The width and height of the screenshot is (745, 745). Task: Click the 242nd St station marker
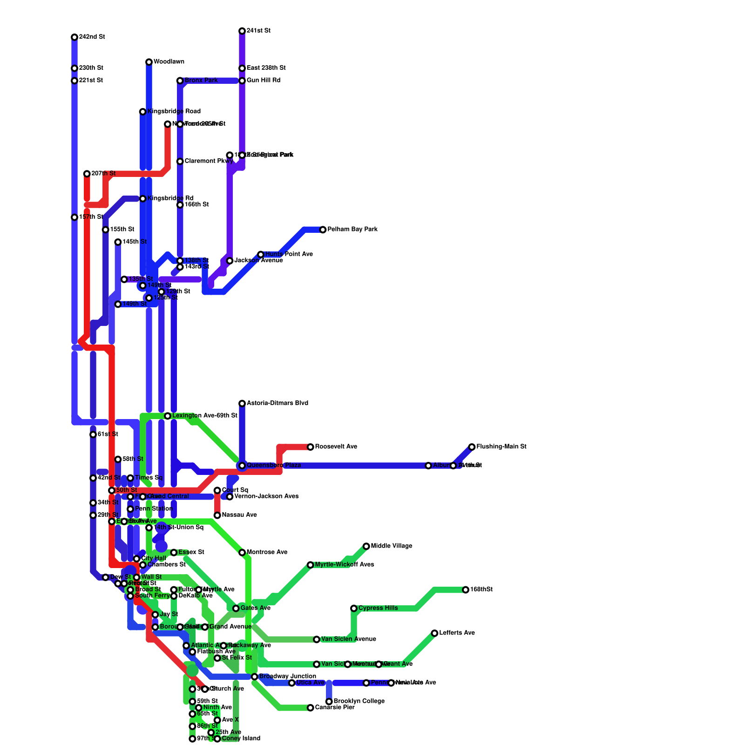coord(74,37)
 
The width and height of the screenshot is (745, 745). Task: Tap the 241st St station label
coord(258,31)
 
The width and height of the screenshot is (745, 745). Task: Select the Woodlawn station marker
coord(149,62)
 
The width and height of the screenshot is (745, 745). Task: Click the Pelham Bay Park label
coord(352,230)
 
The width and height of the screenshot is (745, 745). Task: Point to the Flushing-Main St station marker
coord(472,447)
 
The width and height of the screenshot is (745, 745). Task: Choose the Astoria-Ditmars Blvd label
coord(277,403)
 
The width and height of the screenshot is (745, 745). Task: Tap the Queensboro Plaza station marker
coord(242,466)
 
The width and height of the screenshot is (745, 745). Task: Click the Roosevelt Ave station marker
coord(311,447)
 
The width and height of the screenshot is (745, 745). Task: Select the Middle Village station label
coord(392,546)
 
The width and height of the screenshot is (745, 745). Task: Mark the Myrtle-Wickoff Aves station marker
coord(311,565)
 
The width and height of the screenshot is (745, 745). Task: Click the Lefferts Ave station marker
coord(435,633)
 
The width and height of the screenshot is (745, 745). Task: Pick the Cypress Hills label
coord(378,608)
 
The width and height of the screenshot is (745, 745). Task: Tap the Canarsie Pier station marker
coord(311,708)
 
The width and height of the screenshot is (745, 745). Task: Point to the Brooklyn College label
coord(359,701)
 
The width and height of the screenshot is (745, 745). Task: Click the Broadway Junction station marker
coord(255,677)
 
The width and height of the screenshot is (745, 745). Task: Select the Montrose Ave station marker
coord(242,553)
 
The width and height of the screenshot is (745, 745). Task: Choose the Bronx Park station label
coord(201,81)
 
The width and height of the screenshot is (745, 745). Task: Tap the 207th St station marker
coord(87,174)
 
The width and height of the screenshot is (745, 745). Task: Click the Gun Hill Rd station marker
coord(242,81)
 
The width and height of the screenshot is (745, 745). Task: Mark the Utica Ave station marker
coord(292,683)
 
